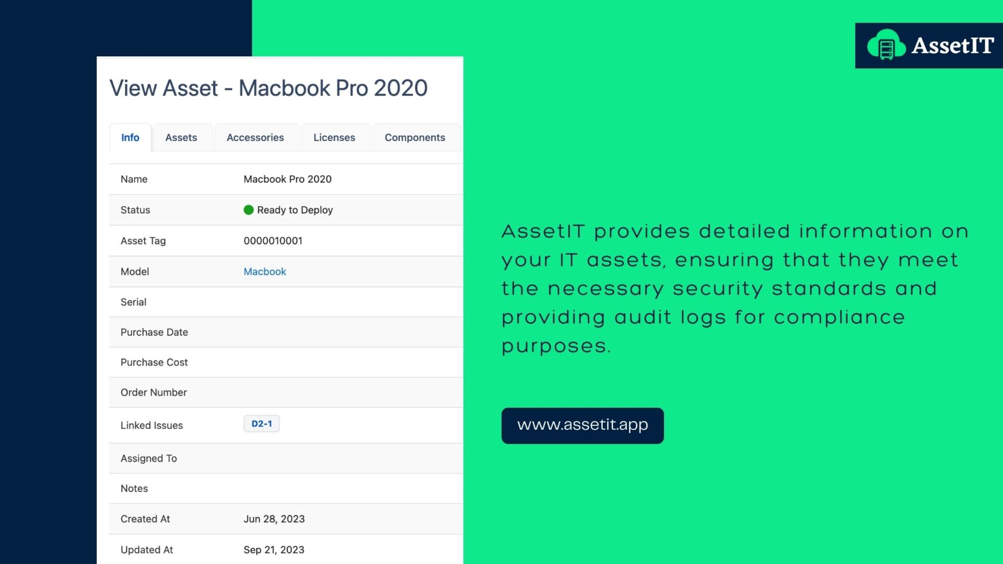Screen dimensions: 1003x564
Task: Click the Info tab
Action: pos(130,137)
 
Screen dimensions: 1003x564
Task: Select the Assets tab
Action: pos(181,137)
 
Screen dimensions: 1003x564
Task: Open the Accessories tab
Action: pos(255,137)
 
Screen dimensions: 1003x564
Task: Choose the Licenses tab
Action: pos(334,137)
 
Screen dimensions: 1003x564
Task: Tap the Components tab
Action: pos(415,137)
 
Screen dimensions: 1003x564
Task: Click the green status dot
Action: pos(249,210)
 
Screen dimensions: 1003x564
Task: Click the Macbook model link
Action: pos(265,272)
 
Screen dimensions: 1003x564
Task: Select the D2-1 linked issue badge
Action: pos(262,424)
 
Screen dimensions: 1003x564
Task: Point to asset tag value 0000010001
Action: pos(273,241)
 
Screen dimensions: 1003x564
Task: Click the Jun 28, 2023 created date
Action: pos(274,519)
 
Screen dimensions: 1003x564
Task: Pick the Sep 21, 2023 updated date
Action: pos(274,550)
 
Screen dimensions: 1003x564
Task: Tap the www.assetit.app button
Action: pos(582,426)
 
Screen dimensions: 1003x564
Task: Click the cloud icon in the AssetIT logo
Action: pos(887,45)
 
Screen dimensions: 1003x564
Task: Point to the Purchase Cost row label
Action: pos(154,362)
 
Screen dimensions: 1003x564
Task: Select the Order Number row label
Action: pos(154,393)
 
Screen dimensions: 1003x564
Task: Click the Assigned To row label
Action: pos(149,459)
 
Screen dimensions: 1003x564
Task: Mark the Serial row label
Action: pos(133,302)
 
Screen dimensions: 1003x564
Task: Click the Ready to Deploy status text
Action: pos(295,210)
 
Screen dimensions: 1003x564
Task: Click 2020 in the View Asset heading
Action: pos(401,88)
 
